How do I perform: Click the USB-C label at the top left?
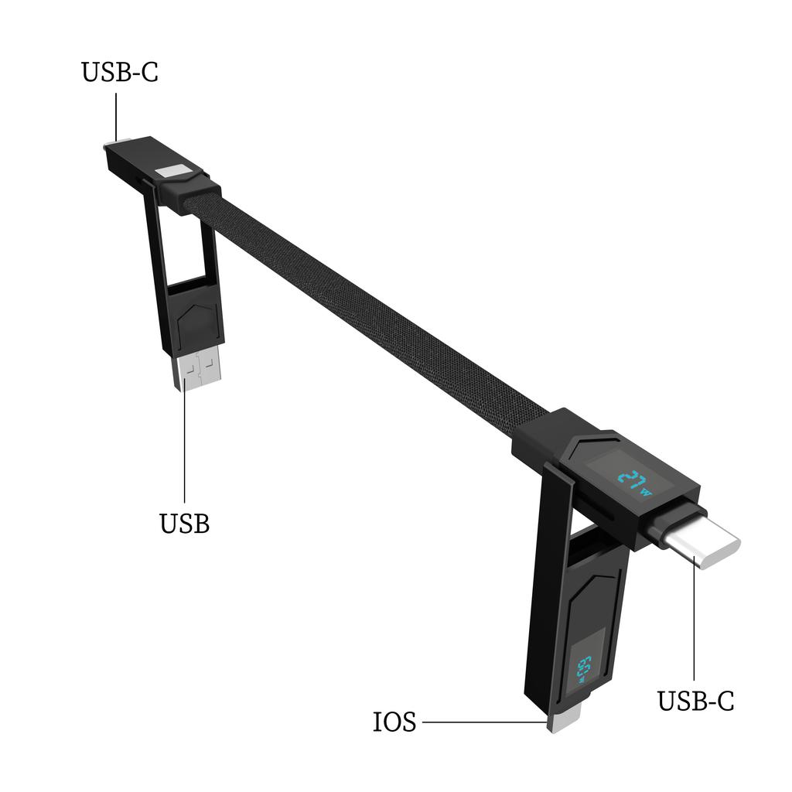click(x=119, y=72)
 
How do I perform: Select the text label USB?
click(x=184, y=524)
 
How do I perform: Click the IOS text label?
click(x=394, y=722)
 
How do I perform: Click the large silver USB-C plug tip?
click(x=704, y=546)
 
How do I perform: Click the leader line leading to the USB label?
click(x=185, y=441)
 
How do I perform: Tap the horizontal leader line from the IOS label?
click(x=483, y=722)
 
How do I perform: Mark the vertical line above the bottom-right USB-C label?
click(x=694, y=626)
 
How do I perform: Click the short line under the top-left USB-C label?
click(x=116, y=116)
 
